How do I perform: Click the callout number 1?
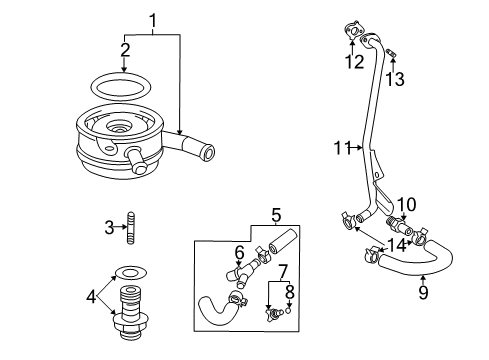click(153, 19)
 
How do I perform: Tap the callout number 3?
click(110, 228)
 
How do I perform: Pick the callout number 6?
click(240, 251)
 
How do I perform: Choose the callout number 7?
click(282, 270)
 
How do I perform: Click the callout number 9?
click(422, 294)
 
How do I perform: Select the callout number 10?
click(405, 204)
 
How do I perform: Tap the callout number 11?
click(341, 150)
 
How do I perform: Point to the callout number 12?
click(351, 62)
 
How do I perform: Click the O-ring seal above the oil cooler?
click(123, 83)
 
